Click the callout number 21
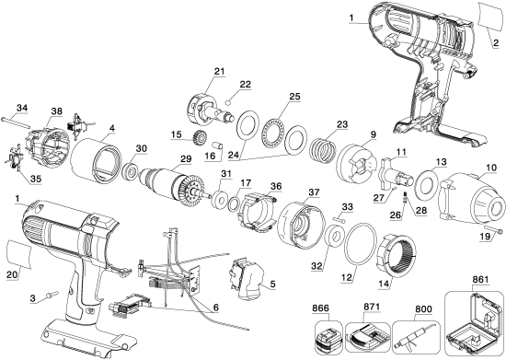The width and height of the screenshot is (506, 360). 219,72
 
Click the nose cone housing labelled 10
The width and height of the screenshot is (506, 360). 466,199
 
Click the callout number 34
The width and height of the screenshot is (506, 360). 23,108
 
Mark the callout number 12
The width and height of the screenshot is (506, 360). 349,274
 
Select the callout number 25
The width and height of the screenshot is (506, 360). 294,96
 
